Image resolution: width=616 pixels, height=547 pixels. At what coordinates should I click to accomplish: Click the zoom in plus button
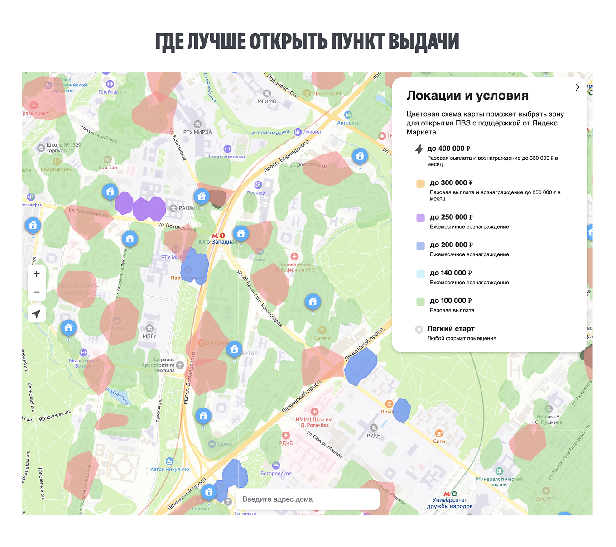[x=37, y=274]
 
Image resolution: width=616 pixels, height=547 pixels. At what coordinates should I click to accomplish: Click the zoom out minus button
[x=37, y=292]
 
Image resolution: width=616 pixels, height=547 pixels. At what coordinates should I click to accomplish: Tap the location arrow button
[x=37, y=313]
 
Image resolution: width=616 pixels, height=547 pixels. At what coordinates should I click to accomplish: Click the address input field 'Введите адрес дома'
[x=307, y=499]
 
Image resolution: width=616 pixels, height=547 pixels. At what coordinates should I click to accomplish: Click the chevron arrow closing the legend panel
[x=577, y=87]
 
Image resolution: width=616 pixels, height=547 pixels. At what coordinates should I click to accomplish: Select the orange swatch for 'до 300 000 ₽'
[x=420, y=183]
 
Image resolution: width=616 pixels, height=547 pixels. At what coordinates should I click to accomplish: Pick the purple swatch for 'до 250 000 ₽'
[x=420, y=218]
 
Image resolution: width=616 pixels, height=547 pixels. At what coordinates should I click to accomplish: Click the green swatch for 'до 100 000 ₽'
[x=420, y=302]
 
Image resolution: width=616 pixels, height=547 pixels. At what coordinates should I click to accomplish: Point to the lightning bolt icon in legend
[x=419, y=149]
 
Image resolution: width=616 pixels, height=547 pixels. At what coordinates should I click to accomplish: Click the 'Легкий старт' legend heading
[x=451, y=329]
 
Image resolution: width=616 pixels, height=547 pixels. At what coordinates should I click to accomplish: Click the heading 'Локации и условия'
[x=467, y=96]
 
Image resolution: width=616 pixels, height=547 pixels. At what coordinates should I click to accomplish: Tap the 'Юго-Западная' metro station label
[x=218, y=241]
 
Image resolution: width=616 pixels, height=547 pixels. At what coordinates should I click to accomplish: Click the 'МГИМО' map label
[x=267, y=101]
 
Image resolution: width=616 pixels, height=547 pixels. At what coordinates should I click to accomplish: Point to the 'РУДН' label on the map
[x=374, y=435]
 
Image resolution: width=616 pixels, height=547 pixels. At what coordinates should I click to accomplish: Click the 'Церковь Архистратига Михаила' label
[x=158, y=365]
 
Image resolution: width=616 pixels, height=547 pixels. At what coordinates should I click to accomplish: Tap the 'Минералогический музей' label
[x=499, y=481]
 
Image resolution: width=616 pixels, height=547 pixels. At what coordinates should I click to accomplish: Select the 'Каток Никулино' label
[x=169, y=469]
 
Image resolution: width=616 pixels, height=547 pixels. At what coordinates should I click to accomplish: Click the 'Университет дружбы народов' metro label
[x=450, y=503]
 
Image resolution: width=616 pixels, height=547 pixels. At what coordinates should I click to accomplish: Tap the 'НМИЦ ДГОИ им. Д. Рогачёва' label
[x=315, y=422]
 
